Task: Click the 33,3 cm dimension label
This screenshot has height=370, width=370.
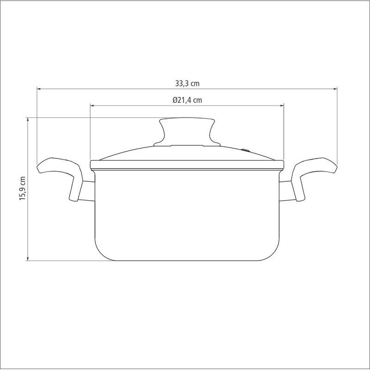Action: pyautogui.click(x=187, y=84)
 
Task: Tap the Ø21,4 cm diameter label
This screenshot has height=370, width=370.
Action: pyautogui.click(x=187, y=100)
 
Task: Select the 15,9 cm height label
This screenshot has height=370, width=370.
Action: pyautogui.click(x=22, y=189)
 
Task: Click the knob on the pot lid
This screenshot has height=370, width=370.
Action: pyautogui.click(x=187, y=132)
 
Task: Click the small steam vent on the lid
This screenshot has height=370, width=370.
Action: pyautogui.click(x=246, y=149)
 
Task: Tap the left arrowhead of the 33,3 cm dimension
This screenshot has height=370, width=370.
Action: pyautogui.click(x=39, y=89)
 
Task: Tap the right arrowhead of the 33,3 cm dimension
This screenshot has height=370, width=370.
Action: pyautogui.click(x=335, y=89)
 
